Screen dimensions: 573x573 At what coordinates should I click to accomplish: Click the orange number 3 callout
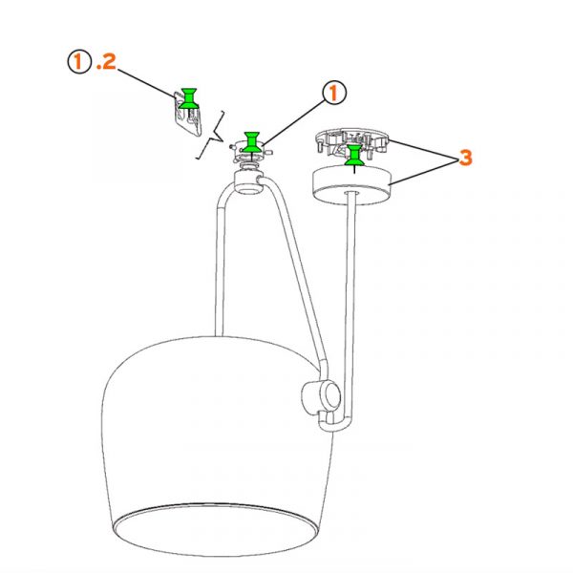tap(465, 158)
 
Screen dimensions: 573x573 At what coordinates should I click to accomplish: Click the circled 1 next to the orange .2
tap(78, 61)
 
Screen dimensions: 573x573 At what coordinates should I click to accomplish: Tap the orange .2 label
tap(106, 61)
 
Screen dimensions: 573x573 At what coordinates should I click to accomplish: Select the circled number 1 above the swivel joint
tap(334, 93)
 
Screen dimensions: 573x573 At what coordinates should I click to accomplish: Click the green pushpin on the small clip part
tap(189, 98)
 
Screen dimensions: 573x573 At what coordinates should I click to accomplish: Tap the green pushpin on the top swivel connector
tap(252, 142)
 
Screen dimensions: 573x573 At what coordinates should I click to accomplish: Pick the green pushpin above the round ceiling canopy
tap(353, 155)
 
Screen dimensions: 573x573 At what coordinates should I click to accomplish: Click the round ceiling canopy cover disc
tap(352, 185)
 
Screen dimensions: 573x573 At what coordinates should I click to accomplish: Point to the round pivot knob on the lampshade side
tap(322, 397)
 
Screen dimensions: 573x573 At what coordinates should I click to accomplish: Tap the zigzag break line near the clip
tap(211, 136)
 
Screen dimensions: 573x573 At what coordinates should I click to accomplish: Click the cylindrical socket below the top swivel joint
tap(248, 182)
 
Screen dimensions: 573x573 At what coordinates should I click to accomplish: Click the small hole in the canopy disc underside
tap(351, 191)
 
